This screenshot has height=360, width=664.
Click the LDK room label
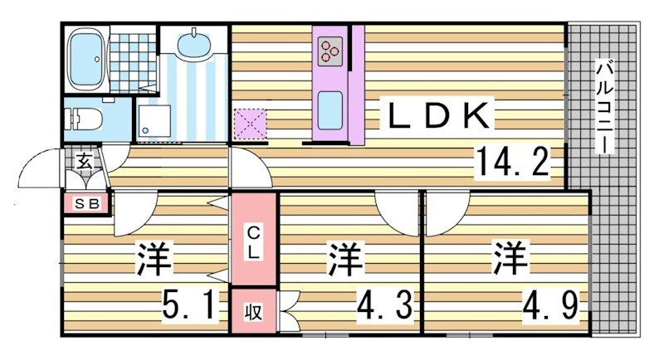(x=438, y=118)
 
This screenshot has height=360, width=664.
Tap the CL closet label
(x=254, y=240)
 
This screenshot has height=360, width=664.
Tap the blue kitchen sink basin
(x=330, y=108)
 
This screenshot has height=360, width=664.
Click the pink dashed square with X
(x=249, y=124)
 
